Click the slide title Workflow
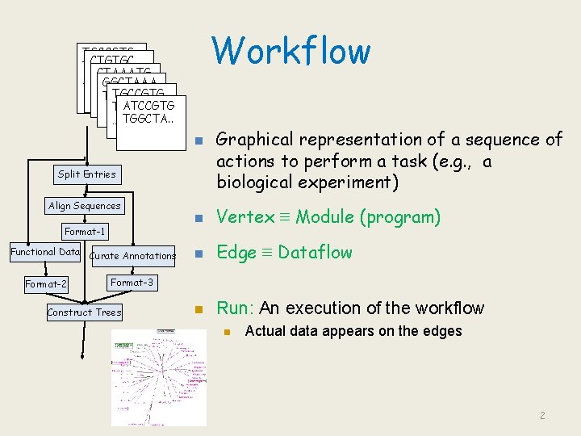(291, 50)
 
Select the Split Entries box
(87, 174)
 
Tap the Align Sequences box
(85, 206)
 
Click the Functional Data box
(45, 252)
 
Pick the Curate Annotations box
(132, 256)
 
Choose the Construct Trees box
(84, 312)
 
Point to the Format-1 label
(86, 233)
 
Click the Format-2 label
(46, 284)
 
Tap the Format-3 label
(132, 283)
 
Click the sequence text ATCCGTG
(149, 105)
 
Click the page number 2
(543, 416)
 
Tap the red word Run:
(236, 308)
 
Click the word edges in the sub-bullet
(440, 331)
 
